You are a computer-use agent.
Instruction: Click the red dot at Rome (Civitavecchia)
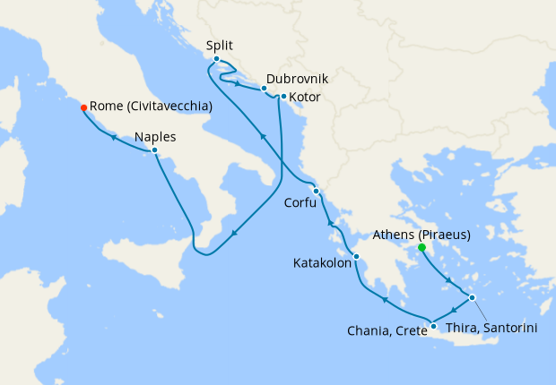(83, 107)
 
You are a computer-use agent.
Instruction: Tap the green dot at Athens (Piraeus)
(421, 247)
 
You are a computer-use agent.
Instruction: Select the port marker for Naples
(155, 150)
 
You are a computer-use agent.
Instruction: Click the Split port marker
(216, 59)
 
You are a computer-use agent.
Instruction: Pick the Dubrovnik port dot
(264, 89)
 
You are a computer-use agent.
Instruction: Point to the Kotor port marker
(283, 97)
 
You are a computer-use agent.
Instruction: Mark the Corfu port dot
(316, 191)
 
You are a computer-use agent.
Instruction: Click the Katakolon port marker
(356, 257)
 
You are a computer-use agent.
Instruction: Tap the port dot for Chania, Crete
(433, 325)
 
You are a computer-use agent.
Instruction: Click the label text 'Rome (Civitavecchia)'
(151, 107)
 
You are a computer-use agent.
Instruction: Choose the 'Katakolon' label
(322, 264)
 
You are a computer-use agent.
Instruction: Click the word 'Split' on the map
(221, 46)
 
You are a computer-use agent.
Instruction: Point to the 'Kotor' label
(305, 97)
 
